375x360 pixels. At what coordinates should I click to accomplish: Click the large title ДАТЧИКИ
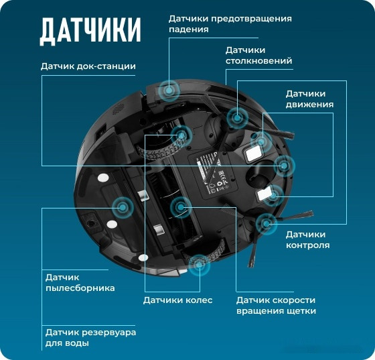click(x=90, y=30)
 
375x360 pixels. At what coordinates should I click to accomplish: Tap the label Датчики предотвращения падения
click(x=230, y=24)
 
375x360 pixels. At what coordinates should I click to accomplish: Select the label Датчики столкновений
click(x=258, y=56)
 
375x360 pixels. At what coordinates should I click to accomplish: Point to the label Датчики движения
click(x=309, y=99)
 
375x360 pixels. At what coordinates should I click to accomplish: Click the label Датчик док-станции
click(x=88, y=66)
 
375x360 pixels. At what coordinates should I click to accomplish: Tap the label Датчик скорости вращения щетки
click(x=275, y=306)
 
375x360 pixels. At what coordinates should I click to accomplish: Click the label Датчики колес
click(x=177, y=300)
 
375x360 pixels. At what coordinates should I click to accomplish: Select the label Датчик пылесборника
click(x=80, y=282)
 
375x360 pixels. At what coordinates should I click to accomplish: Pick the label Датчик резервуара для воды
click(x=90, y=338)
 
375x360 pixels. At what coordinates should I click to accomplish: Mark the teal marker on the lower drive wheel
click(x=198, y=264)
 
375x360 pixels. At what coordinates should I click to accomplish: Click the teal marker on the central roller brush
click(x=180, y=208)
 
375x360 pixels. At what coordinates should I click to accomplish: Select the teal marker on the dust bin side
click(x=122, y=207)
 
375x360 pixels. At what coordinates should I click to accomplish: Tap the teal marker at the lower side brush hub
click(x=266, y=223)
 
